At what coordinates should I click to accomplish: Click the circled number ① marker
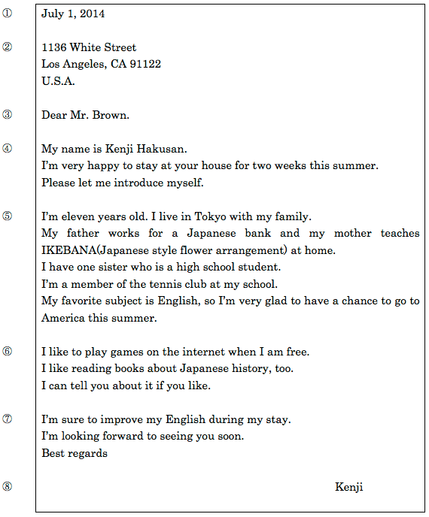coord(8,13)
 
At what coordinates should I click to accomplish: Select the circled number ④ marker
coord(8,148)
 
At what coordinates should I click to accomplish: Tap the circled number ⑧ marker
coord(8,486)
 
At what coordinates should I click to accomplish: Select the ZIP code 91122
coord(146,64)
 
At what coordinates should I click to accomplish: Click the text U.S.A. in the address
coord(58,81)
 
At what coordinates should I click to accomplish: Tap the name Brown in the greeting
coord(112,115)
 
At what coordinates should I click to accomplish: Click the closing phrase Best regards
coord(75,453)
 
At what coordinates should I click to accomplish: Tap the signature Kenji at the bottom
coord(348,487)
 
